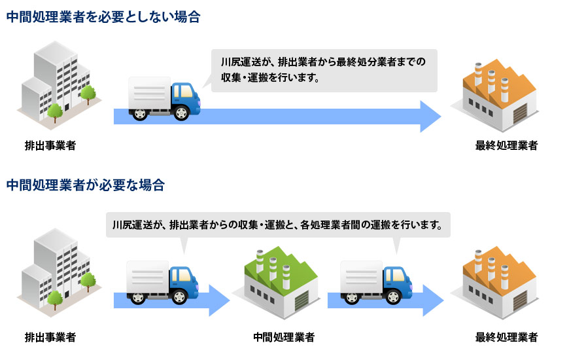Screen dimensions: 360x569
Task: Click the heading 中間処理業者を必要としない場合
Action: tap(103, 18)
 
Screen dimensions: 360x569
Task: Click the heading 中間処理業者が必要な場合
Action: tap(85, 185)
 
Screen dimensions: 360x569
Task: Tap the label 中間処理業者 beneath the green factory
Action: tap(284, 338)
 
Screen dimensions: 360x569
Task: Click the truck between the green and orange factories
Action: tap(376, 282)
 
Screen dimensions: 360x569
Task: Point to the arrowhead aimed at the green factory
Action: tap(219, 300)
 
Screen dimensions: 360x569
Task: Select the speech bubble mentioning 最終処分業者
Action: tap(323, 70)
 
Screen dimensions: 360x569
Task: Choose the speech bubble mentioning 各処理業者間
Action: tap(277, 225)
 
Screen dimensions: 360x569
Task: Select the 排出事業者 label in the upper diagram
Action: tap(50, 145)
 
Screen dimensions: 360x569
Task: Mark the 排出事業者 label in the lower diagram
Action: tap(50, 338)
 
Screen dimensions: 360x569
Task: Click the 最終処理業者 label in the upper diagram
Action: tap(506, 145)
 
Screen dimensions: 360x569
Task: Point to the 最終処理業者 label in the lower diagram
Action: tap(506, 338)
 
